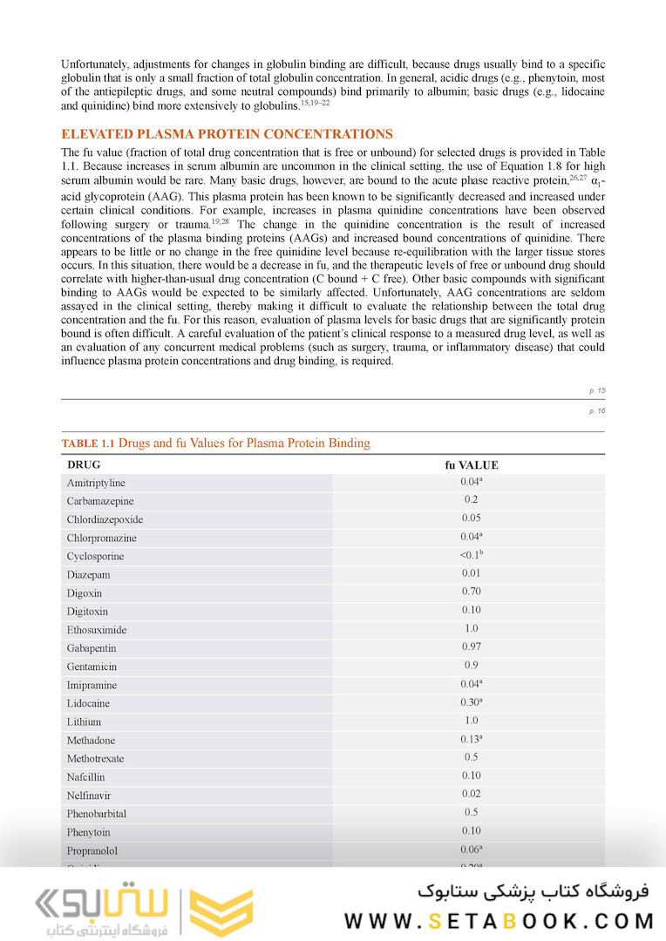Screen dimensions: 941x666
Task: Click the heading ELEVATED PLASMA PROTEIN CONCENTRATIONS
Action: (x=227, y=134)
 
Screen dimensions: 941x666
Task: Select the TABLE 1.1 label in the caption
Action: (x=88, y=443)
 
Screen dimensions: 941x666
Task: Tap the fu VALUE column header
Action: (x=471, y=465)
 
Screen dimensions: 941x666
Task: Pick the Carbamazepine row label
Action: (x=100, y=501)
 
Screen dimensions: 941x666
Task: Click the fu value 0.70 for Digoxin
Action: (x=471, y=592)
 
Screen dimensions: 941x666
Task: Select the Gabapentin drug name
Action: (x=92, y=648)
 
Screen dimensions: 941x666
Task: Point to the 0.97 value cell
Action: (x=471, y=647)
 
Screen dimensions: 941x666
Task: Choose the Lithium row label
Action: (x=84, y=721)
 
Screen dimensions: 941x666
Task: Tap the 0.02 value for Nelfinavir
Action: (x=471, y=794)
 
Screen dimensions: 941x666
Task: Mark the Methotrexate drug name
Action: (x=95, y=758)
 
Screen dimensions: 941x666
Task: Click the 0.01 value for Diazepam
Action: (x=471, y=573)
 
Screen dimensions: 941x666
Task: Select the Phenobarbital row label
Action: (x=96, y=814)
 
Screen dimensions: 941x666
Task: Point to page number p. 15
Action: (x=596, y=391)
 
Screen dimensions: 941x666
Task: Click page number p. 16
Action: (x=596, y=410)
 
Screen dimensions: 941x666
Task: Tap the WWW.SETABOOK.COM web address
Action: (x=499, y=920)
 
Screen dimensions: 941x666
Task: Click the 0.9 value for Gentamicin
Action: (x=471, y=665)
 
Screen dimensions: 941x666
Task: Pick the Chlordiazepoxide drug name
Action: (x=105, y=519)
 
